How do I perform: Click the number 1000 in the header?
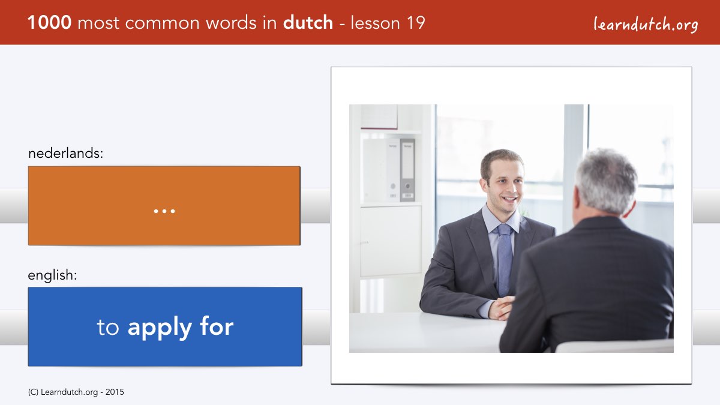49,23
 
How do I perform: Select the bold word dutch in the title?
308,22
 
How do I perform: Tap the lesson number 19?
416,23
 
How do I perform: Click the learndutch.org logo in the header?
646,25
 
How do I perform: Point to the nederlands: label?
65,153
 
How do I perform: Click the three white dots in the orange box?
164,211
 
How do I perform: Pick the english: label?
52,275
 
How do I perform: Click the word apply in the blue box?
160,328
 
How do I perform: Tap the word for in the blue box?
217,326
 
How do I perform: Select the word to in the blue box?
108,328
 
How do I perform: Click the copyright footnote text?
76,392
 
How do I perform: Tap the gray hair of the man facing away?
606,180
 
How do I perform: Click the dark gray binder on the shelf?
407,170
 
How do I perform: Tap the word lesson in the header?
376,23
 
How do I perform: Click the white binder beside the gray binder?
393,170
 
